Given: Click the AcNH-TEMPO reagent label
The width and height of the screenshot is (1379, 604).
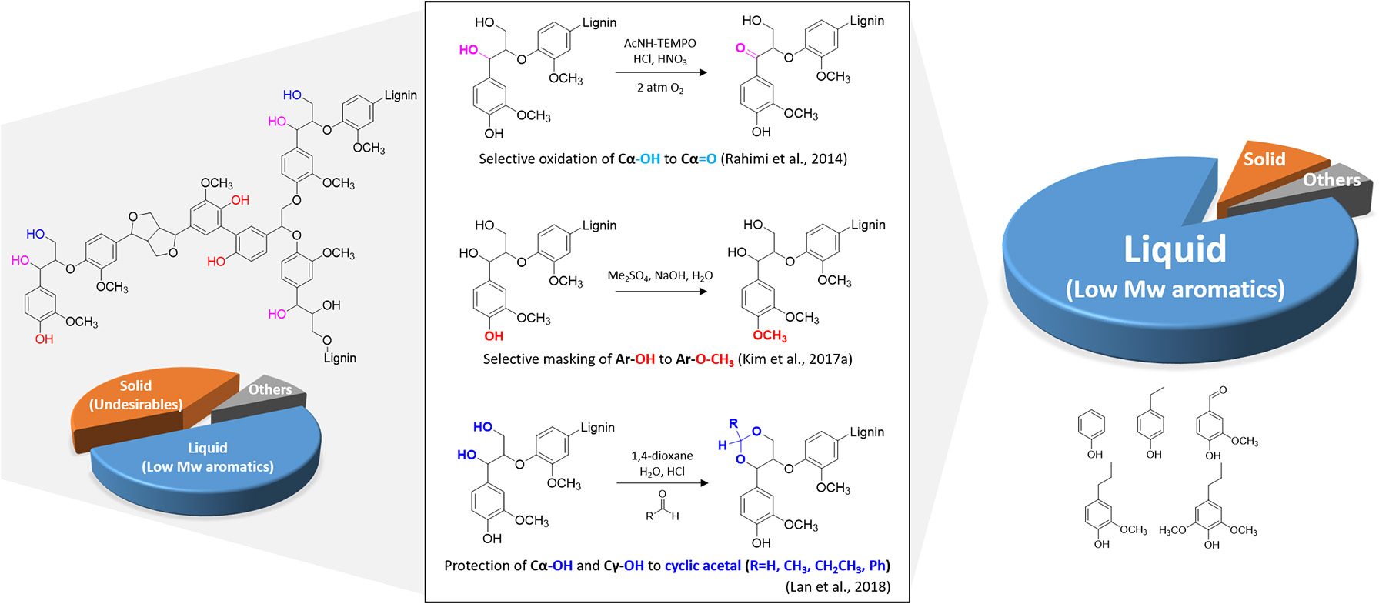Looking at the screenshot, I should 659,44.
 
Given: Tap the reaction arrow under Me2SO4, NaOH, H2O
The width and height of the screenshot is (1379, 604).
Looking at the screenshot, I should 661,292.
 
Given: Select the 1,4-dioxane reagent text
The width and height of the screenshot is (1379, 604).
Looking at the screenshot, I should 662,456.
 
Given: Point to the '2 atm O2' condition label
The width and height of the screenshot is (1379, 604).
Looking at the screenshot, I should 659,88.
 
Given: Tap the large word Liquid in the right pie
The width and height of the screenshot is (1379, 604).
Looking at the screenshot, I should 1174,250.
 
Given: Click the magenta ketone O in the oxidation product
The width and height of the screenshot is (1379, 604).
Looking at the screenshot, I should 740,48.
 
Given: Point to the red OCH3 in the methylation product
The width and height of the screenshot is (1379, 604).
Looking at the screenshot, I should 770,335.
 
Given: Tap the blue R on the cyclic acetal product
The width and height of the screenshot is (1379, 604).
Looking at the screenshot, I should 733,424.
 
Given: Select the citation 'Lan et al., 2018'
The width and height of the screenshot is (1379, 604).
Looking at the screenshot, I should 838,586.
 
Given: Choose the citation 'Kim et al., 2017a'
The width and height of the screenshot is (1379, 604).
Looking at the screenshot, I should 795,359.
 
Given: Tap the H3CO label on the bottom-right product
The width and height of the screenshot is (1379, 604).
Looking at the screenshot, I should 1172,531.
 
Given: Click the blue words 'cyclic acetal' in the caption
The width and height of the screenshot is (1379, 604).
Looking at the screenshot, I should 702,566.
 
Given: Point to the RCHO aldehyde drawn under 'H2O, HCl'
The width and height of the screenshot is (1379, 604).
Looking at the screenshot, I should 663,507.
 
